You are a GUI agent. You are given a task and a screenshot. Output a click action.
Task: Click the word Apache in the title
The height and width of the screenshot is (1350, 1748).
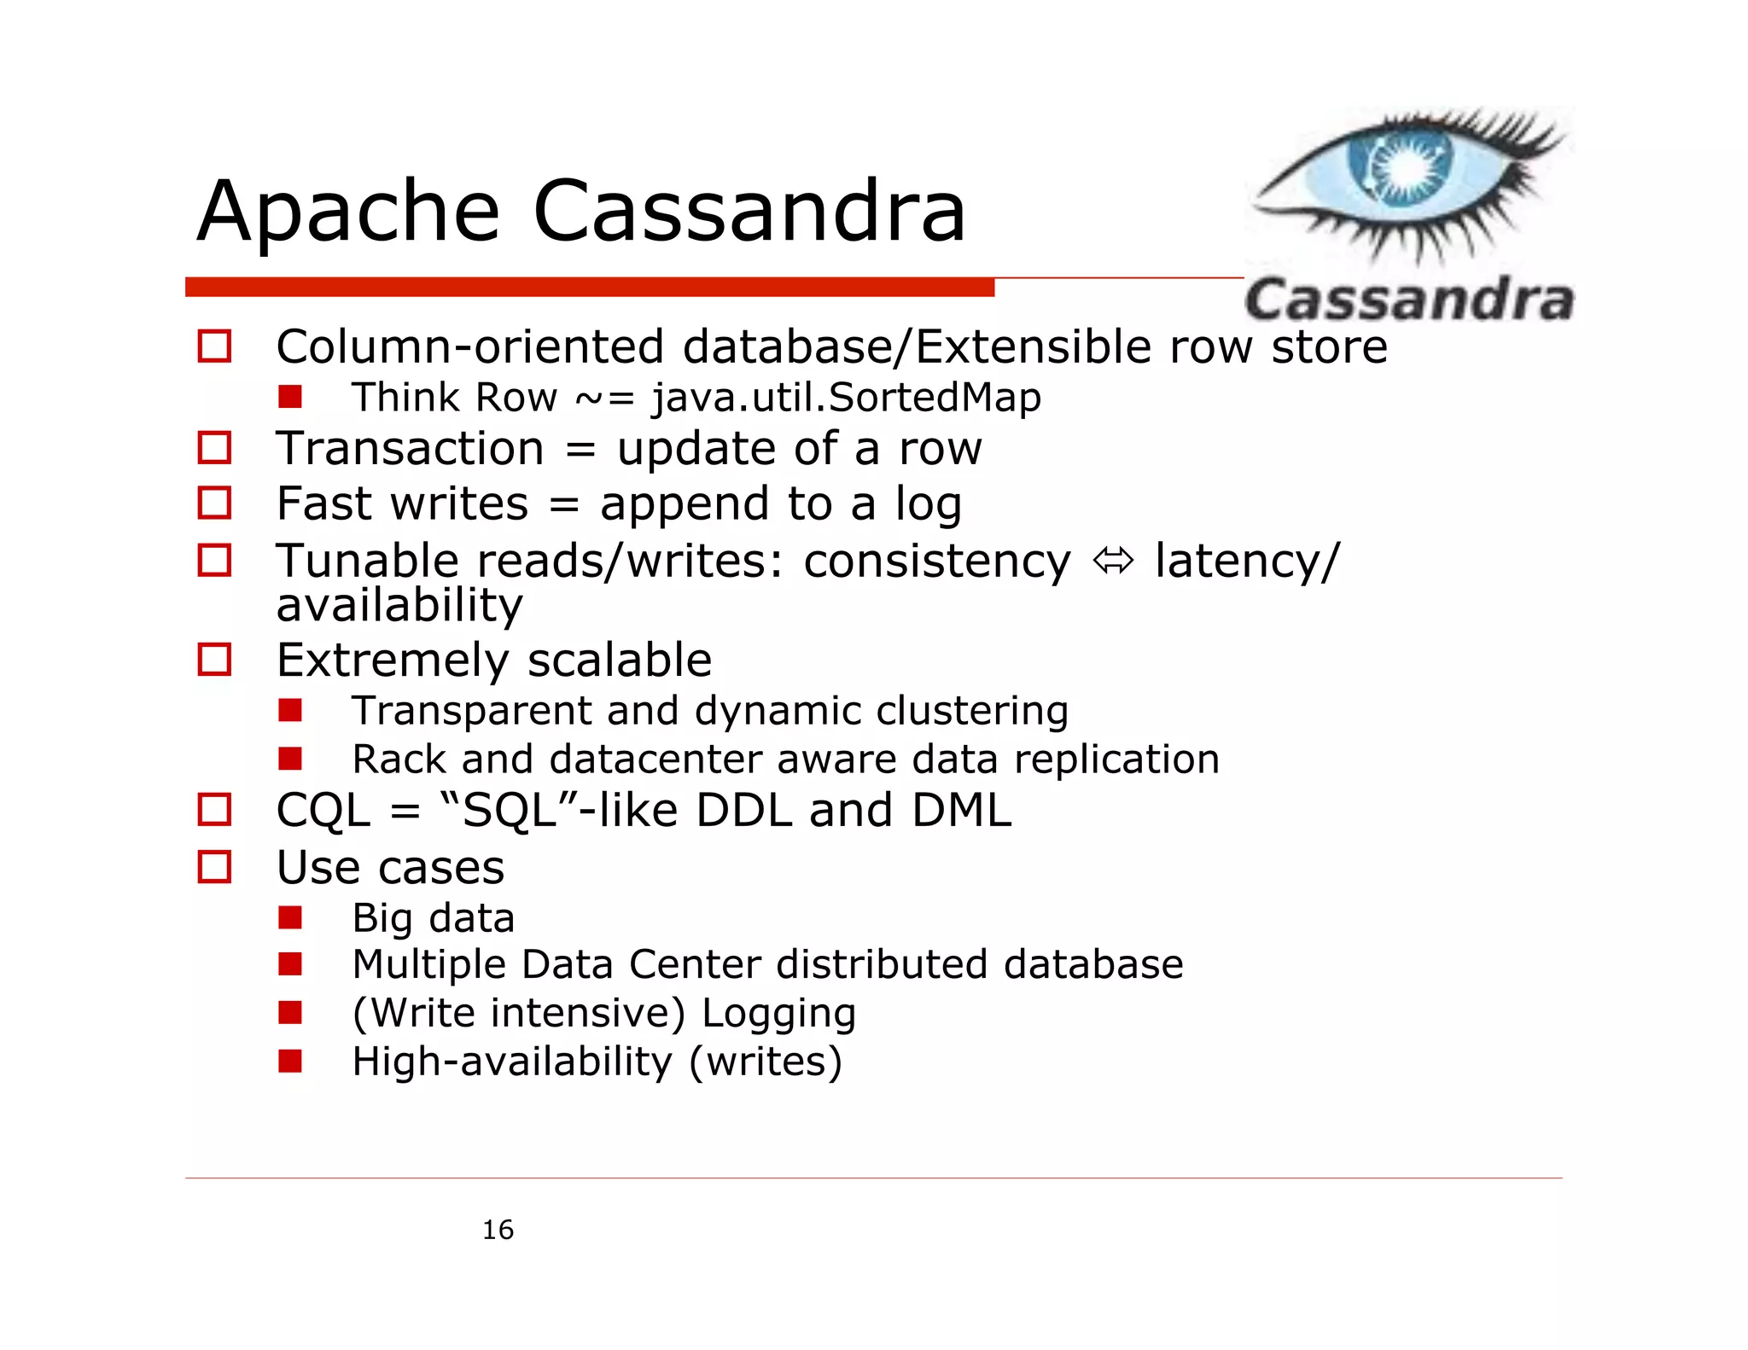(x=348, y=212)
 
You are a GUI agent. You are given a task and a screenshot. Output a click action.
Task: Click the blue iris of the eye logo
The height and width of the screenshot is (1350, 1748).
(x=1400, y=167)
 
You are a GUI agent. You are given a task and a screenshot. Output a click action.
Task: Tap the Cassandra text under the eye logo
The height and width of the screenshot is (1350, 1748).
(x=1408, y=300)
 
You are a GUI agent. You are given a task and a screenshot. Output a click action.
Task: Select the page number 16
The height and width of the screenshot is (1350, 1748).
(x=498, y=1230)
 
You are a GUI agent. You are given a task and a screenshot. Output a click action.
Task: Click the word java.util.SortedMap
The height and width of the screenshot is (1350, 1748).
(x=846, y=398)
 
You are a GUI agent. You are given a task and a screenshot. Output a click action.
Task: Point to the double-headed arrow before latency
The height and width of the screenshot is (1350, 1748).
(x=1113, y=562)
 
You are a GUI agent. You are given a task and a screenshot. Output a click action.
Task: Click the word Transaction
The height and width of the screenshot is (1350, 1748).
(x=410, y=449)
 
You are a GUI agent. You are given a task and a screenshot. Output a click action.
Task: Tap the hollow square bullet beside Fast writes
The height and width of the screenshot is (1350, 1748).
(x=214, y=503)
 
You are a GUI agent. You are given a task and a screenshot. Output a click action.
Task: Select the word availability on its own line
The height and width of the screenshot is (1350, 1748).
(x=399, y=606)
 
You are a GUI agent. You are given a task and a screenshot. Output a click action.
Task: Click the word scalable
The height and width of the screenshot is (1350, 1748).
(x=619, y=660)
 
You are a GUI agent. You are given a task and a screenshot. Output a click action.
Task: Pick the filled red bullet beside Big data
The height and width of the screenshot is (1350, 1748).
(x=290, y=918)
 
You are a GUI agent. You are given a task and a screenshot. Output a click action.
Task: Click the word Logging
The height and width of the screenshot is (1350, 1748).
(x=778, y=1014)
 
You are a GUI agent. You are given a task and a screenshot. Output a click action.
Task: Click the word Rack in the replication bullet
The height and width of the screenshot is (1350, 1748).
(x=398, y=759)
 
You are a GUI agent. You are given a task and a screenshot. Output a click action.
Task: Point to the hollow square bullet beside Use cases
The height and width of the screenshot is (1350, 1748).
(x=214, y=867)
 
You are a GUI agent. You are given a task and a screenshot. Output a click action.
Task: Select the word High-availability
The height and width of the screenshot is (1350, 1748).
(x=511, y=1062)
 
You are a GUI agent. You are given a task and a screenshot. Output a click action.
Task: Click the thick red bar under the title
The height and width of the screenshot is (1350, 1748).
(x=589, y=288)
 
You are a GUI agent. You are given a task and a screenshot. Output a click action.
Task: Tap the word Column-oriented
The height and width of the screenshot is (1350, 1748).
(x=470, y=347)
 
